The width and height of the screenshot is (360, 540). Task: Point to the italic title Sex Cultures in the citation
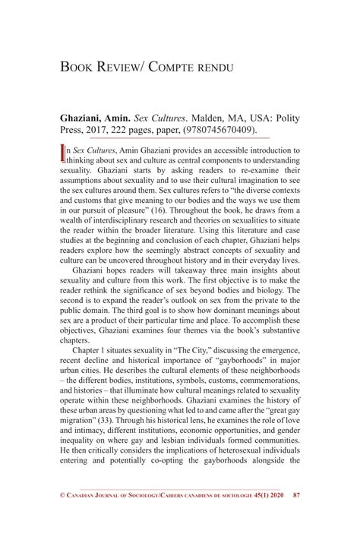(x=163, y=119)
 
